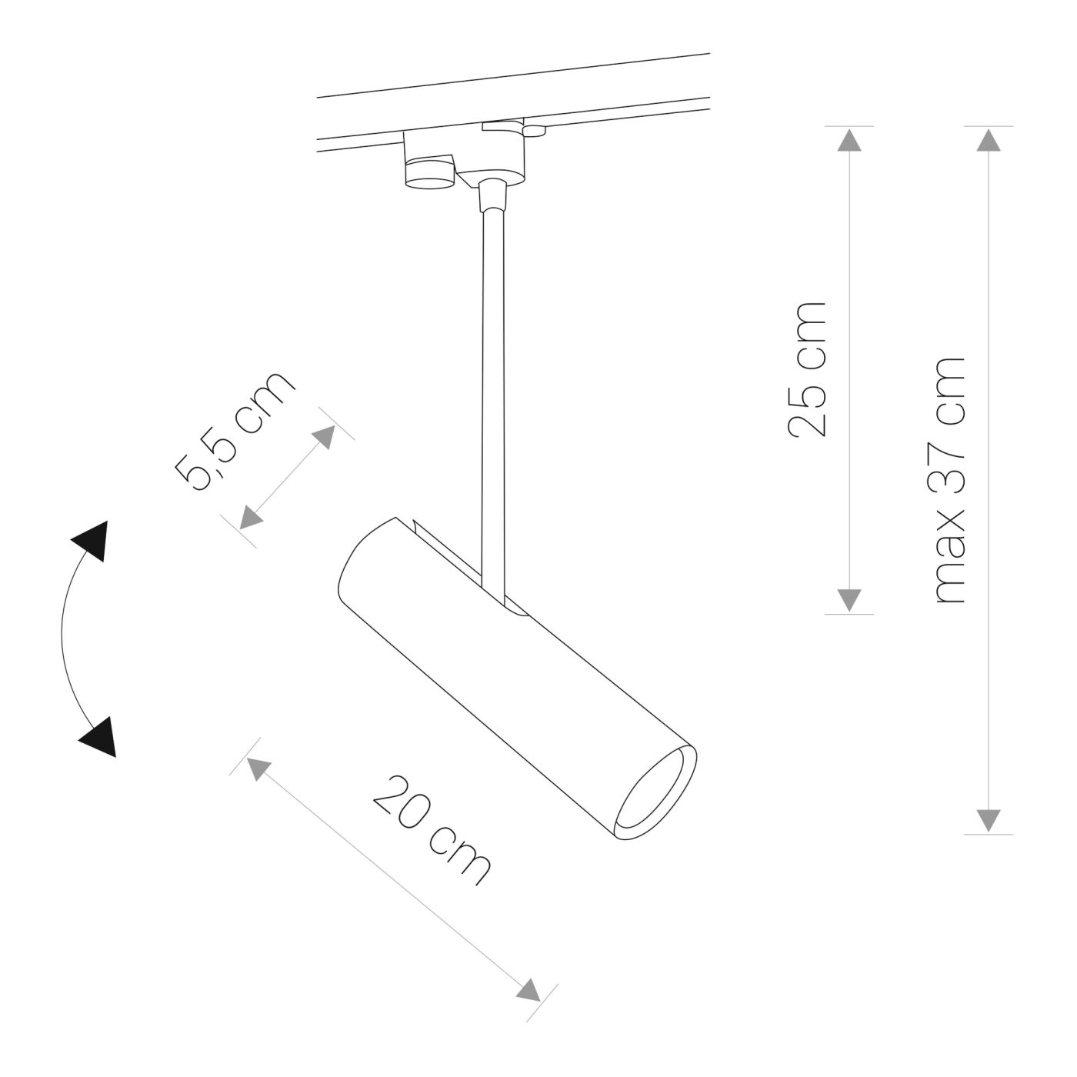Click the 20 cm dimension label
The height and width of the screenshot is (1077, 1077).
[431, 831]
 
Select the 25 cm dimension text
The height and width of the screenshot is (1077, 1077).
[807, 369]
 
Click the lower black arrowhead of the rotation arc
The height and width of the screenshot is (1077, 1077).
[98, 737]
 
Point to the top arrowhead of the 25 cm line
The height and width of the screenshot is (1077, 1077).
[849, 139]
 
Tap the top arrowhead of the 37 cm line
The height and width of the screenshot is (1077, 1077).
[989, 139]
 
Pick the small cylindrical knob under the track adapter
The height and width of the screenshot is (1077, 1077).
[429, 173]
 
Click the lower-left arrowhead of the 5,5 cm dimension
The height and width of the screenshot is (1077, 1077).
[249, 518]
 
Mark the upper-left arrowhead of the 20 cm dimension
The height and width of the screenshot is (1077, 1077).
[257, 768]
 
